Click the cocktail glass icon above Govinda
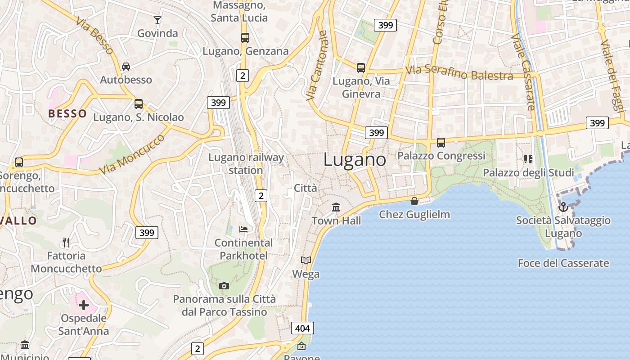click(157, 20)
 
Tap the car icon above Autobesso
click(126, 67)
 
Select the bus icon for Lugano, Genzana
click(245, 38)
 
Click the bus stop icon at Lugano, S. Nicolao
click(139, 104)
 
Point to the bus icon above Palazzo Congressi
click(441, 143)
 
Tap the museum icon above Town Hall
click(336, 207)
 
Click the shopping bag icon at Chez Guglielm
click(414, 201)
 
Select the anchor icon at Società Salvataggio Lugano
click(563, 207)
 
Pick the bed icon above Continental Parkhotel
click(243, 229)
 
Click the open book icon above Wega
click(306, 261)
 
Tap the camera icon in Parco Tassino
click(224, 286)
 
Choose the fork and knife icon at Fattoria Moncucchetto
click(67, 243)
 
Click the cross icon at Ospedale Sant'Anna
click(84, 305)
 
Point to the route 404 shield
click(302, 328)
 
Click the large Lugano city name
click(355, 160)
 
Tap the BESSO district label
click(67, 113)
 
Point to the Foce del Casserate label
click(563, 263)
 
